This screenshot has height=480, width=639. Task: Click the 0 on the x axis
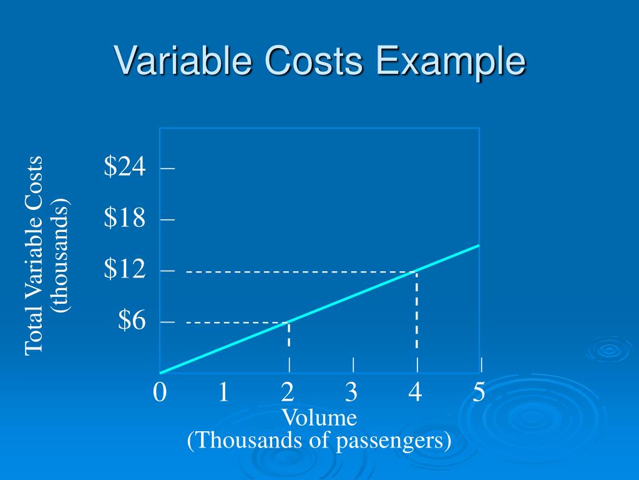point(160,392)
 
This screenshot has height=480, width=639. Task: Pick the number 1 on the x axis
point(223,392)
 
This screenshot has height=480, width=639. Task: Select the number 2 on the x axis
point(288,392)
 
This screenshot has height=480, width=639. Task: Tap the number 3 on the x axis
point(351,392)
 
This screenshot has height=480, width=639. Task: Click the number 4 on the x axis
point(416,392)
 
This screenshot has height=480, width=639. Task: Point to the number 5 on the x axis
point(479,392)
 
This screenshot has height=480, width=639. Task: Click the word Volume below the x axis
point(319,417)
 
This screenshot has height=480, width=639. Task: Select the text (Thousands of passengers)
point(319,441)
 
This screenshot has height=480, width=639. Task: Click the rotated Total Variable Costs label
point(34,255)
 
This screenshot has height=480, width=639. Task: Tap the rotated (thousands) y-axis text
point(62,255)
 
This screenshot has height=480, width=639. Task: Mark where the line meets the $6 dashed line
point(288,322)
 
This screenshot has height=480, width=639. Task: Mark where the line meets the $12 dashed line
point(416,271)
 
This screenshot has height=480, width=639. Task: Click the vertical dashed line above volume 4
point(416,312)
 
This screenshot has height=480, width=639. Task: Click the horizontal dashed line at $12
point(300,271)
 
